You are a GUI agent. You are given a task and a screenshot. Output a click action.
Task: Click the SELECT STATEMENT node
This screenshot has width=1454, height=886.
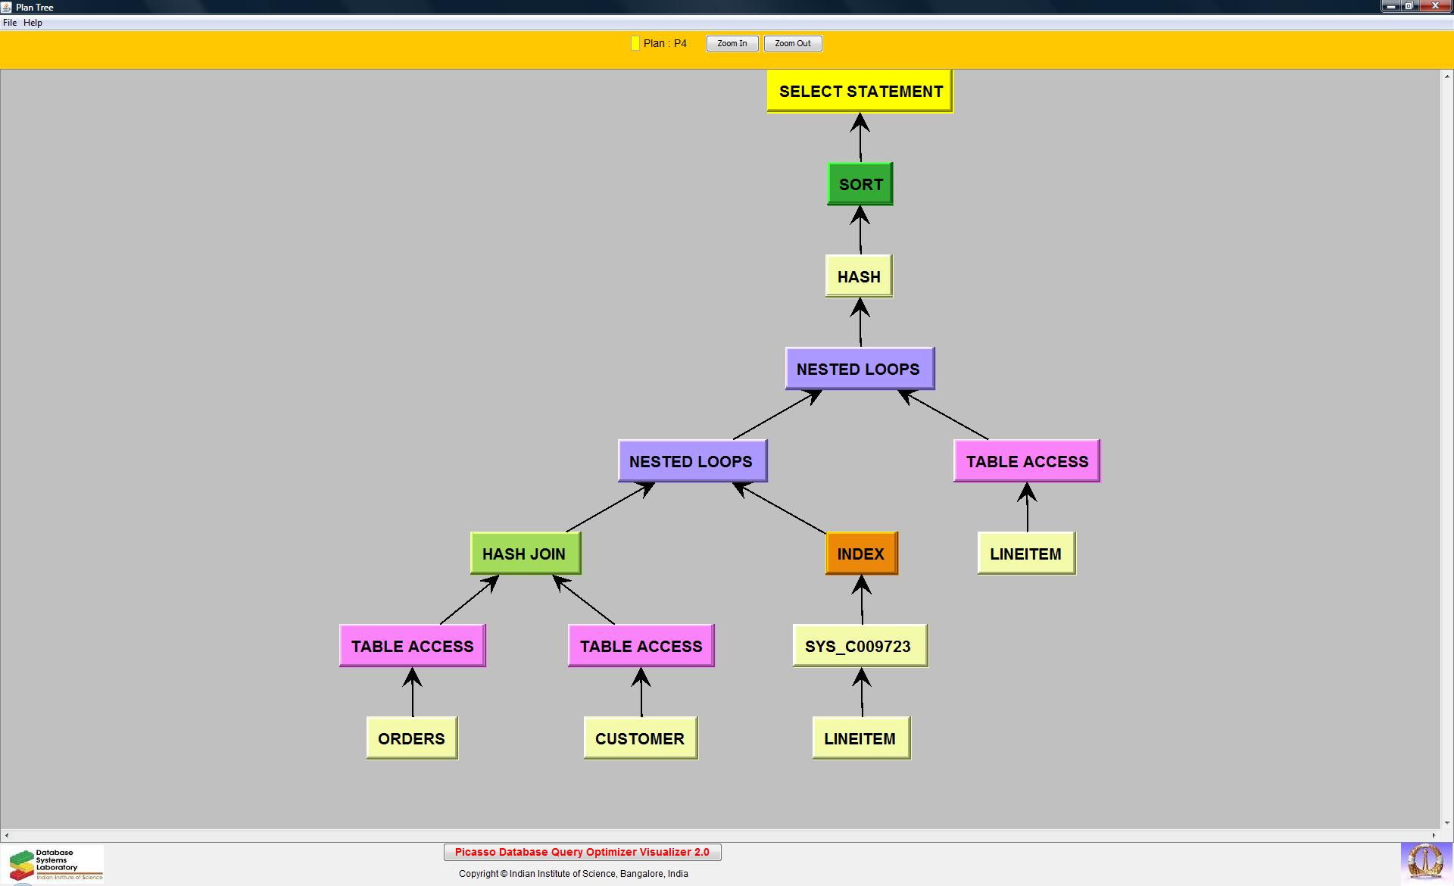click(x=860, y=91)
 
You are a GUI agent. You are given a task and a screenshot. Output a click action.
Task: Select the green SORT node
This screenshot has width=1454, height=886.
click(x=860, y=184)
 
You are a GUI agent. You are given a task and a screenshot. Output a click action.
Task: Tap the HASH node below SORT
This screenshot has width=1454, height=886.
click(x=859, y=276)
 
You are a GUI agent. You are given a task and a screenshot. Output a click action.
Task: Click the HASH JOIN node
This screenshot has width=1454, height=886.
click(x=525, y=554)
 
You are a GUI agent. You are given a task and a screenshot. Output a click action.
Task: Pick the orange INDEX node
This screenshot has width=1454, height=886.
click(x=861, y=554)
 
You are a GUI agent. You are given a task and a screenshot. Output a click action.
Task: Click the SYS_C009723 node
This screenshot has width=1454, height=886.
click(x=860, y=646)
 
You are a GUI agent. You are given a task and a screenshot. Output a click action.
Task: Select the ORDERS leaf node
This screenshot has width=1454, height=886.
click(x=412, y=738)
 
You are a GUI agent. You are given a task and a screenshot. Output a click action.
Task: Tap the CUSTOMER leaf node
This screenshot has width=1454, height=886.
click(x=640, y=738)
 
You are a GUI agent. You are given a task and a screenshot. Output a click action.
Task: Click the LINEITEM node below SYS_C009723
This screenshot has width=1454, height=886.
click(x=860, y=738)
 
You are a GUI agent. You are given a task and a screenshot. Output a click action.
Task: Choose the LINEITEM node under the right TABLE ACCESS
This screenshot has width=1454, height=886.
click(x=1026, y=554)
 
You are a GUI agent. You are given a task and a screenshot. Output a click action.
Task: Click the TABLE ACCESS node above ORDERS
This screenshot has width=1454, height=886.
click(x=413, y=646)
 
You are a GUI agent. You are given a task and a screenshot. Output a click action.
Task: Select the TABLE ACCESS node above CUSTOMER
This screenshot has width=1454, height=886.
click(x=641, y=646)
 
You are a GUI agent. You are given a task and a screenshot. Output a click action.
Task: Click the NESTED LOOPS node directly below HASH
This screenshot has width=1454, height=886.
click(x=860, y=369)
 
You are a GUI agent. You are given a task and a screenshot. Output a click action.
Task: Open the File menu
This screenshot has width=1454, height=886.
click(x=10, y=23)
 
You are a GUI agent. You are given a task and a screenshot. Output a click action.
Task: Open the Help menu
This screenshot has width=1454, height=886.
click(x=33, y=23)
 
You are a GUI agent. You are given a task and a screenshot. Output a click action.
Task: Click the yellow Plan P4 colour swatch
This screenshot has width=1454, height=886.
click(x=635, y=43)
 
